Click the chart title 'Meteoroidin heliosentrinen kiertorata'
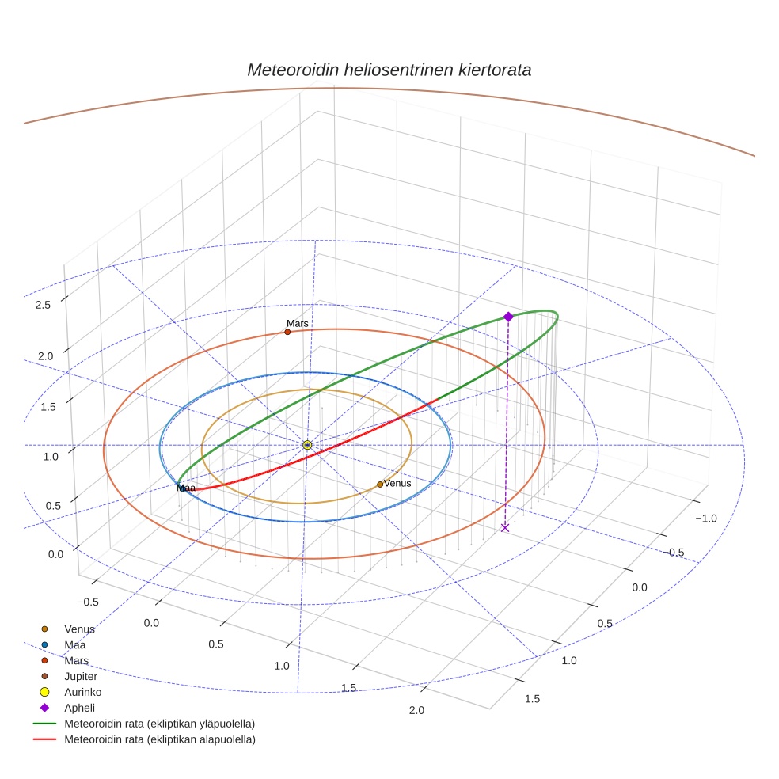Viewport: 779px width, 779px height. (x=389, y=70)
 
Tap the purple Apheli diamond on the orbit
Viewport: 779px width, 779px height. (x=508, y=317)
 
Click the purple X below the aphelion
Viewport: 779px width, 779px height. (x=505, y=527)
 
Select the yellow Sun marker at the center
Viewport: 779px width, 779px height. (x=307, y=445)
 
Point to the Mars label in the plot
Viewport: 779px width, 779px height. (x=298, y=324)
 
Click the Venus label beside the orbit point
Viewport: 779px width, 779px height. (x=397, y=483)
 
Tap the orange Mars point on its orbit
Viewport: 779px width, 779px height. (x=287, y=332)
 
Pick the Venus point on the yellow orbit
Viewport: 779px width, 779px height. (x=380, y=484)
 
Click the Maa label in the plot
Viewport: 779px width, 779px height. (x=187, y=488)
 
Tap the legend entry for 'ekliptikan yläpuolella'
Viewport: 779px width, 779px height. (x=159, y=724)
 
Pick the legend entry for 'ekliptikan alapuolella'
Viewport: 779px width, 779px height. (x=159, y=739)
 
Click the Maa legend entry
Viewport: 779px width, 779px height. (x=75, y=644)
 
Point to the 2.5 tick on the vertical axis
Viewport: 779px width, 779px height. (x=44, y=306)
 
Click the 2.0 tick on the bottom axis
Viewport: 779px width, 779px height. (x=416, y=710)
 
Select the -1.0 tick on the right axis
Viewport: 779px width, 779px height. (x=705, y=519)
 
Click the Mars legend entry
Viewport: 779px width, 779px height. (x=77, y=660)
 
